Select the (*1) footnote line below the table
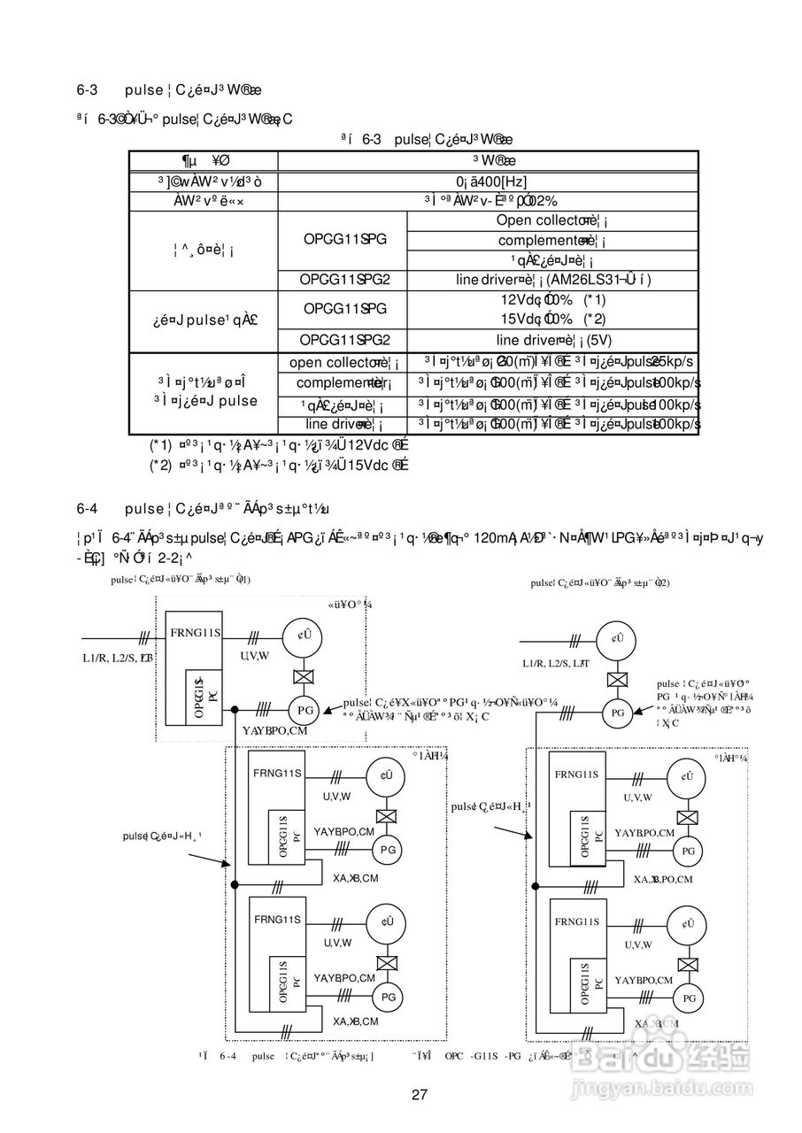(x=278, y=445)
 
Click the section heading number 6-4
(x=87, y=508)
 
